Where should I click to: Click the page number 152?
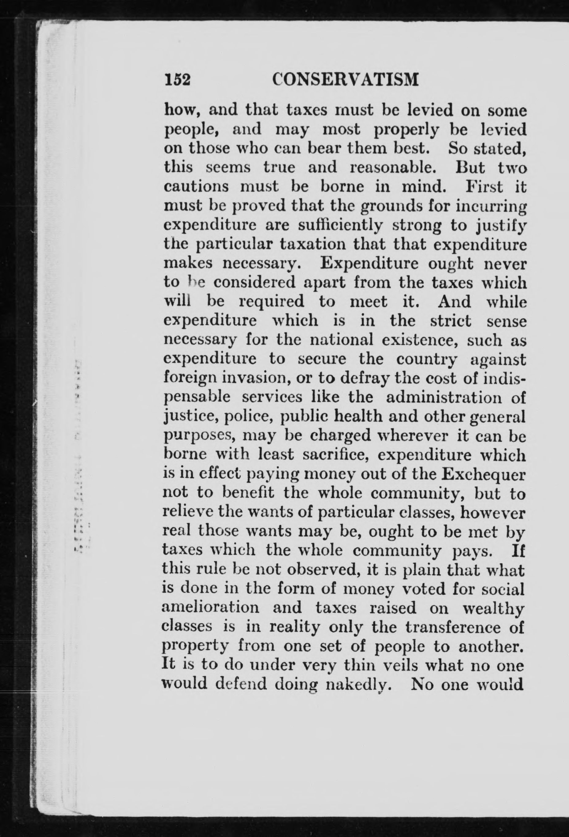pos(177,80)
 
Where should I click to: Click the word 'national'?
pos(337,340)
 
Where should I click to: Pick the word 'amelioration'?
pos(211,607)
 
